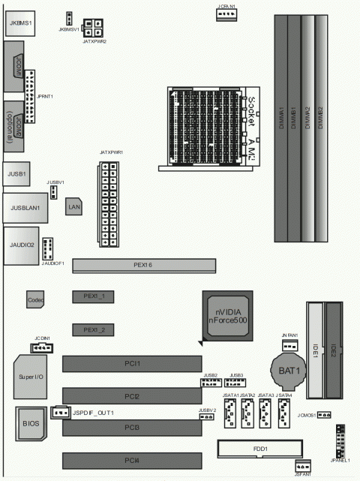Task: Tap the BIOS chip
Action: pyautogui.click(x=30, y=424)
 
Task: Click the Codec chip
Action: pyautogui.click(x=34, y=299)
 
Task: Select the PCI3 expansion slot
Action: pyautogui.click(x=132, y=428)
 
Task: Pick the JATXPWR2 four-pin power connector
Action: pyautogui.click(x=94, y=28)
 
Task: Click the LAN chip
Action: pyautogui.click(x=74, y=206)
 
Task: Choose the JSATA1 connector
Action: pyautogui.click(x=229, y=413)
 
